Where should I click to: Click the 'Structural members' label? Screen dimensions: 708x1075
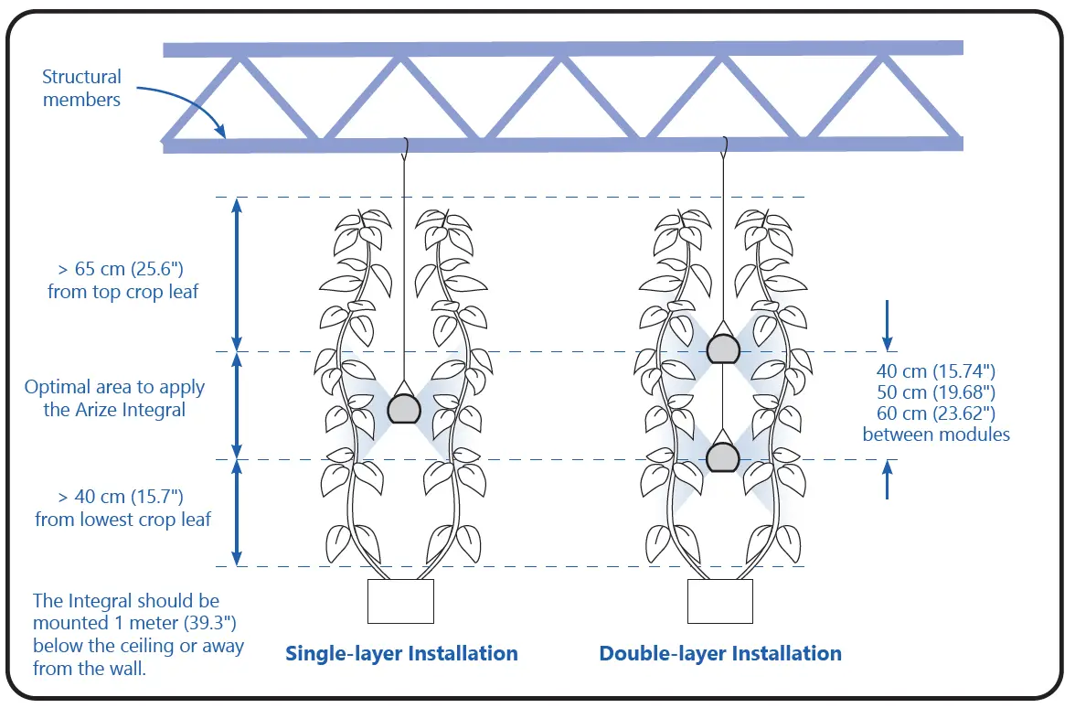[x=81, y=89]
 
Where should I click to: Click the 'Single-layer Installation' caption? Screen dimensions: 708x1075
[x=401, y=653]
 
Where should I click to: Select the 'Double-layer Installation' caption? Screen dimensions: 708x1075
[x=720, y=653]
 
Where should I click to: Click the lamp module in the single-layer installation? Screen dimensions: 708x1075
[x=402, y=408]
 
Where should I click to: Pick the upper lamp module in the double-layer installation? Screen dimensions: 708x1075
[x=722, y=348]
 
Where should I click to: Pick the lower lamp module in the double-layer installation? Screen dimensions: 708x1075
[x=722, y=456]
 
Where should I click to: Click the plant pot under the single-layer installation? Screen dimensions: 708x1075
[x=400, y=601]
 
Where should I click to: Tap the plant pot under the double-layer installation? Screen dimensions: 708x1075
[x=719, y=601]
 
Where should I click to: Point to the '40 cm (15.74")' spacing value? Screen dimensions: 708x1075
[x=935, y=371]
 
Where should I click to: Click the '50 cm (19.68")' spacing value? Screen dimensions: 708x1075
[x=935, y=392]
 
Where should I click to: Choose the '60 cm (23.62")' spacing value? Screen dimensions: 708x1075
[x=935, y=413]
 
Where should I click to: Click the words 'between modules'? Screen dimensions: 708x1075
[x=935, y=434]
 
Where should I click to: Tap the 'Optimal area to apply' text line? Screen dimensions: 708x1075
[x=114, y=387]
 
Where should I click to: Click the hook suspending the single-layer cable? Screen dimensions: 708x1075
[x=403, y=146]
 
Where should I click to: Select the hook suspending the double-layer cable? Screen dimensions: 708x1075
[x=723, y=146]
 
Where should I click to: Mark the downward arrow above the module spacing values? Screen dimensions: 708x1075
[x=888, y=320]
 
